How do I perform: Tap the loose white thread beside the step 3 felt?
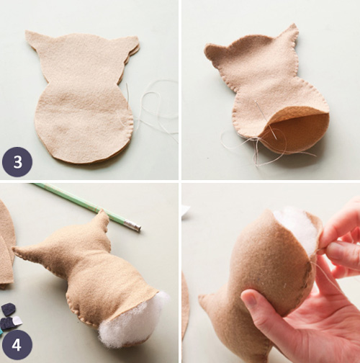click(x=155, y=108)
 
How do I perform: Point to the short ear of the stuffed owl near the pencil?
click(x=102, y=220)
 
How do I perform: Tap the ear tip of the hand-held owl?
click(x=204, y=299)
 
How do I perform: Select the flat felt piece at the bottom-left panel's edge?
click(x=6, y=245)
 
